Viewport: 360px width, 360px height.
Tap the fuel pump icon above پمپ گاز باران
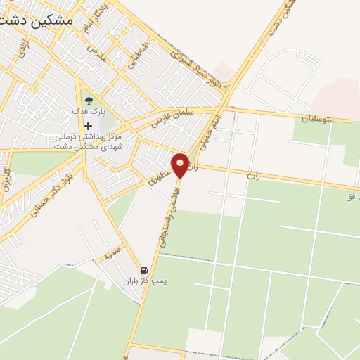(144, 271)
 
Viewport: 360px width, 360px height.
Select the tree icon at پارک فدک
(88, 100)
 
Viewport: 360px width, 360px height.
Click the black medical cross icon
(88, 125)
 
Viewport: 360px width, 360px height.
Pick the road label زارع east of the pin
(252, 172)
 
